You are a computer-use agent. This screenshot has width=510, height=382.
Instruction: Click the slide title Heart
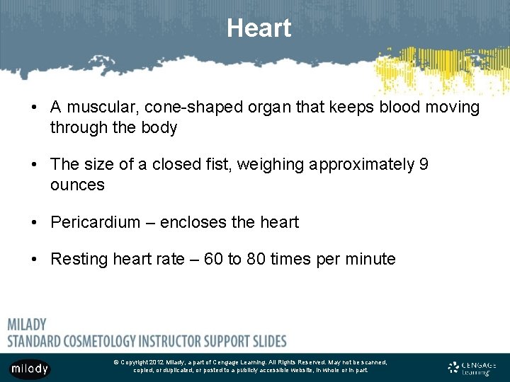(259, 28)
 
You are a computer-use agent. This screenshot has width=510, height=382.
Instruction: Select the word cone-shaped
(175, 108)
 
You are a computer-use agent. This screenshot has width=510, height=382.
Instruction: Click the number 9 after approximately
(424, 165)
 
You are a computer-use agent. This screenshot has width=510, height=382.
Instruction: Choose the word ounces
(77, 185)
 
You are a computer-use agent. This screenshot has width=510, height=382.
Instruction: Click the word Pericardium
(96, 223)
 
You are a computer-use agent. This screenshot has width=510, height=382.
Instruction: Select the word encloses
(193, 223)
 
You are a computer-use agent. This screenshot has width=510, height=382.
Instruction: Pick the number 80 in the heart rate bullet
(256, 260)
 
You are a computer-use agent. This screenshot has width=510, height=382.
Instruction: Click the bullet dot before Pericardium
(35, 223)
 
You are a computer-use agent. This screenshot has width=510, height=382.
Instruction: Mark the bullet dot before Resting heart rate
(35, 260)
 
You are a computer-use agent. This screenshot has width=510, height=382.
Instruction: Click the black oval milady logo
(30, 369)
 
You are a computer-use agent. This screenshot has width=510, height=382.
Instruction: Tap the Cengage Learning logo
(472, 368)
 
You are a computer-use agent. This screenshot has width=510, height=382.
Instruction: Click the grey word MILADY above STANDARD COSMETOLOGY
(27, 325)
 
